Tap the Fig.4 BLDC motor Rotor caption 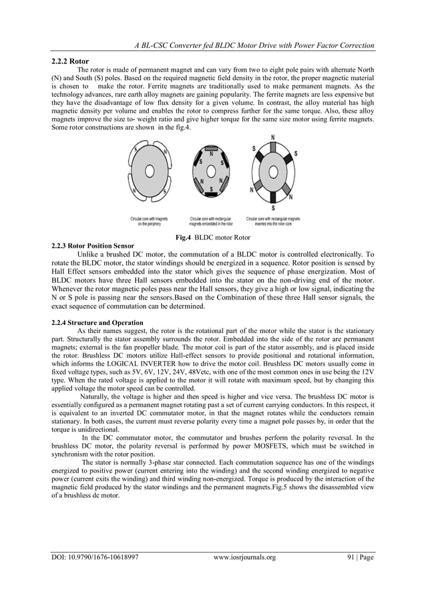point(213,237)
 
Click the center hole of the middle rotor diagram point(209,172)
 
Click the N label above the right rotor point(272,137)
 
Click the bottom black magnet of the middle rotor point(209,195)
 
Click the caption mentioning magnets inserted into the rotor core point(272,222)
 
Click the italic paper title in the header point(253,45)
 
